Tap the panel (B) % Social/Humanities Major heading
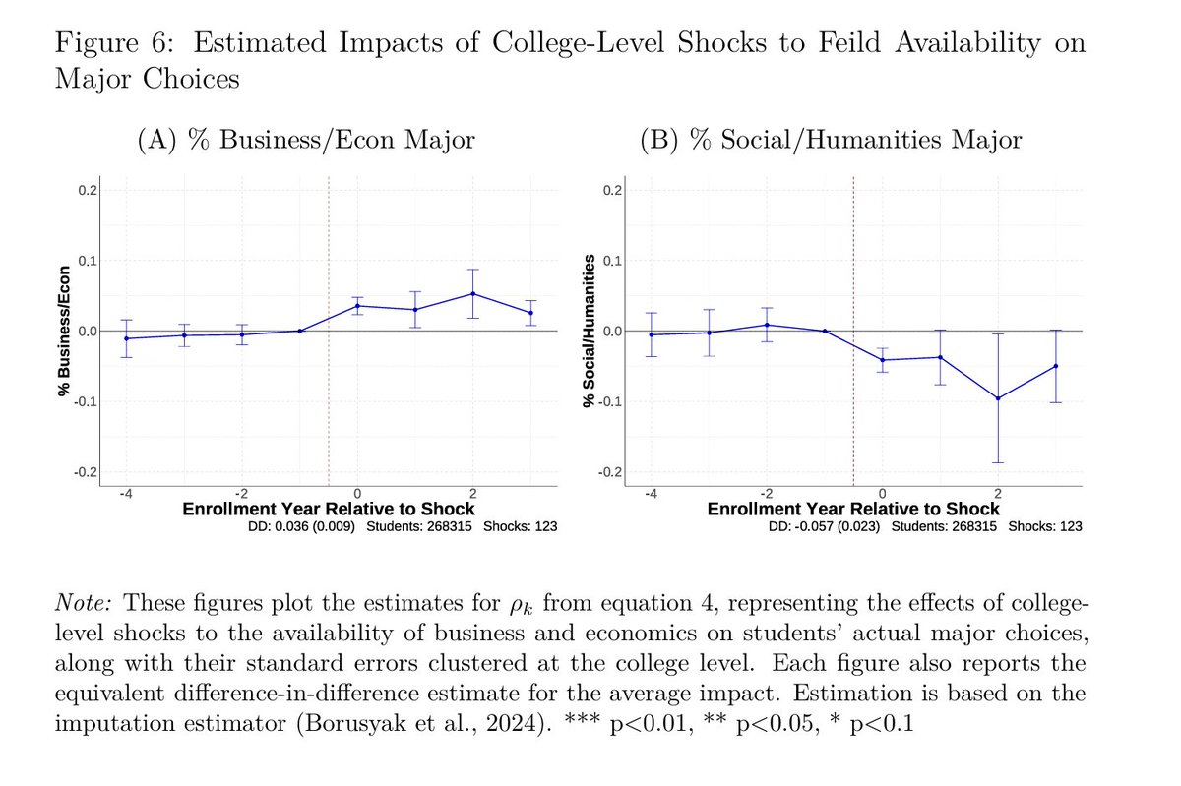[x=831, y=141]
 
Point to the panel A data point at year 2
[x=473, y=293]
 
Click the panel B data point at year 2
[x=998, y=398]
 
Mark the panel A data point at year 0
[x=357, y=306]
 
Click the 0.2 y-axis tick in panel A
[x=88, y=190]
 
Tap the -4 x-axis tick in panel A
[x=125, y=492]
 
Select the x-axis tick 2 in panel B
[x=998, y=492]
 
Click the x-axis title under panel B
[x=853, y=509]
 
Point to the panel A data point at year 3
[x=531, y=313]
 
